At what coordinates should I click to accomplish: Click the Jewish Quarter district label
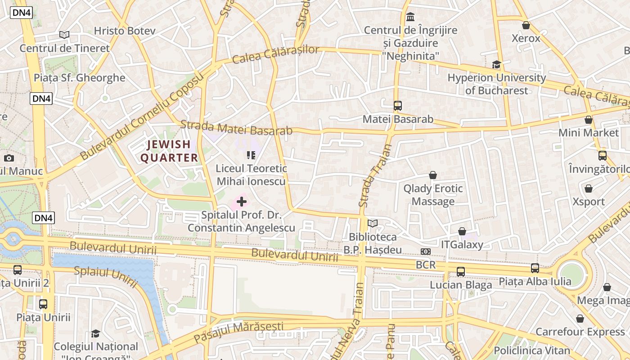169,151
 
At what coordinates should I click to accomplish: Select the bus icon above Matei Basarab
398,106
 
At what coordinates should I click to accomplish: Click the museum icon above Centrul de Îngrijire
410,18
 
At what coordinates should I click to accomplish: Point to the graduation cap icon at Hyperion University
496,65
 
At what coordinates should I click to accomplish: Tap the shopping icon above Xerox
526,25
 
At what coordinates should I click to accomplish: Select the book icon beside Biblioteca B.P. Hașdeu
373,223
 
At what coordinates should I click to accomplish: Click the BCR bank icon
426,252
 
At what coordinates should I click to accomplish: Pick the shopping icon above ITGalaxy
462,231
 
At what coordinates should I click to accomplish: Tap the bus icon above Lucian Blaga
461,271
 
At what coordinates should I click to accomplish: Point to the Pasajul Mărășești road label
238,332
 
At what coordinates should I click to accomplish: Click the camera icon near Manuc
9,158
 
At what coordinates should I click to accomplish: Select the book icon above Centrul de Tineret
64,35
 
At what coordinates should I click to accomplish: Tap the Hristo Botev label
125,31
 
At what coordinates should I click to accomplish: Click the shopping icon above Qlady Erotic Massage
433,175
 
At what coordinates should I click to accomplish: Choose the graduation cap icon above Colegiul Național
95,333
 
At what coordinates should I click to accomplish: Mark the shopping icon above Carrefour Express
580,319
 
